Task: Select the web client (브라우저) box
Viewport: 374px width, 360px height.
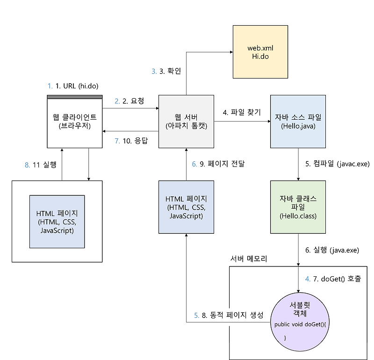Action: click(x=75, y=122)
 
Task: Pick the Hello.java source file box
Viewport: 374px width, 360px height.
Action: click(x=298, y=122)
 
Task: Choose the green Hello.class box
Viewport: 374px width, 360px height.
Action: click(x=298, y=207)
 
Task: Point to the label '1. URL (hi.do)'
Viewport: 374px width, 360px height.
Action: click(x=77, y=86)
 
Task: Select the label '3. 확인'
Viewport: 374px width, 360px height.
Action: click(x=171, y=71)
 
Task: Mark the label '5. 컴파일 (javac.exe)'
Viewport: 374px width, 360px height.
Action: click(x=338, y=164)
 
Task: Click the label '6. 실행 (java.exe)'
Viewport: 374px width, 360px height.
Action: click(x=332, y=250)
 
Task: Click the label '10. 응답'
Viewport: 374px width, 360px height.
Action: click(x=135, y=140)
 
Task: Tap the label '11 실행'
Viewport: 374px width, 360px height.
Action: click(x=44, y=165)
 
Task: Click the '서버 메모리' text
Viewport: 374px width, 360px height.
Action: click(x=249, y=259)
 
